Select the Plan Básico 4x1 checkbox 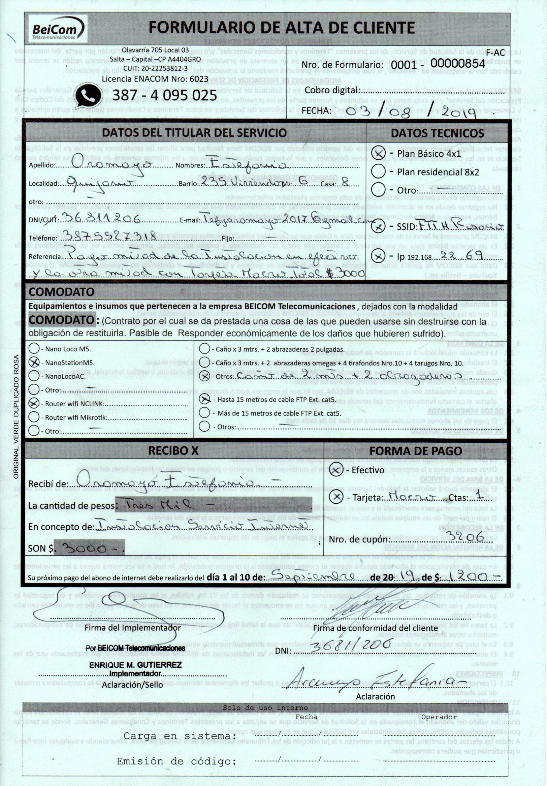tap(378, 153)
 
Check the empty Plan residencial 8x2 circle tap(378, 171)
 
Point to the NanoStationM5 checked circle tap(34, 363)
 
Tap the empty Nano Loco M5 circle tap(34, 349)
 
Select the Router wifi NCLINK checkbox tap(34, 403)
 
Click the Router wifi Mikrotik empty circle tap(34, 417)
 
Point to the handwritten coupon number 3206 tap(471, 536)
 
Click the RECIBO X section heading tap(173, 451)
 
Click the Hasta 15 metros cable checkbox tap(204, 399)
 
